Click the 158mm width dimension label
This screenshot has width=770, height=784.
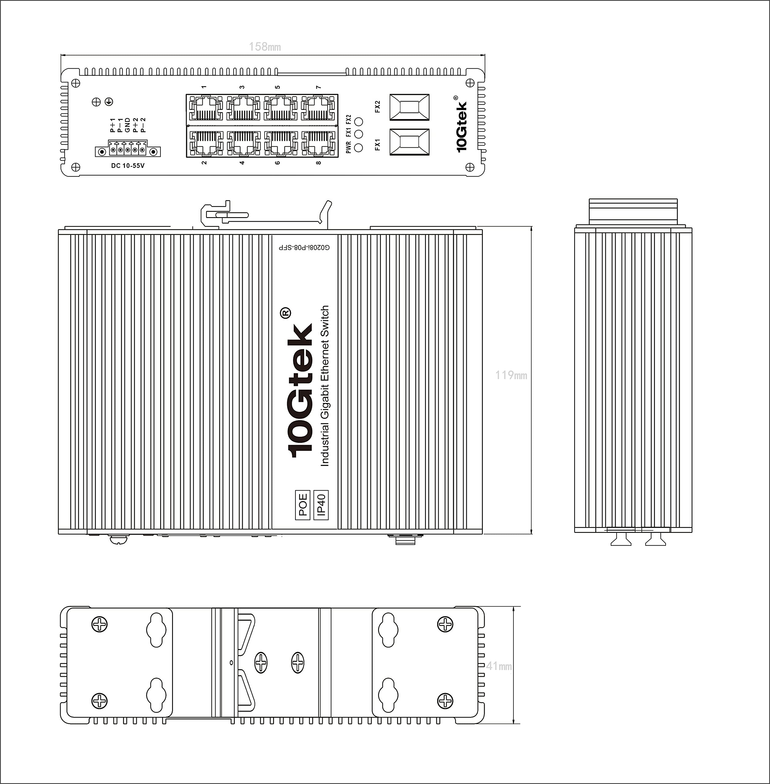(265, 47)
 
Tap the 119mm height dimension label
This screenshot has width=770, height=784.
(511, 375)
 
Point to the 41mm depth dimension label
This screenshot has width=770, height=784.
(499, 666)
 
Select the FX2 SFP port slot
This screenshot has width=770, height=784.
(409, 107)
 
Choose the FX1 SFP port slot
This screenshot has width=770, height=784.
(409, 142)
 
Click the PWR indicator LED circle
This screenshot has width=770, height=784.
(358, 147)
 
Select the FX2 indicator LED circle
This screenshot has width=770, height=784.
(358, 121)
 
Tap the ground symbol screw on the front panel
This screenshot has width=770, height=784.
(109, 102)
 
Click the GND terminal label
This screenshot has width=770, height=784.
(127, 125)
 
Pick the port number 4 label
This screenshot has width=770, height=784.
(242, 163)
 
